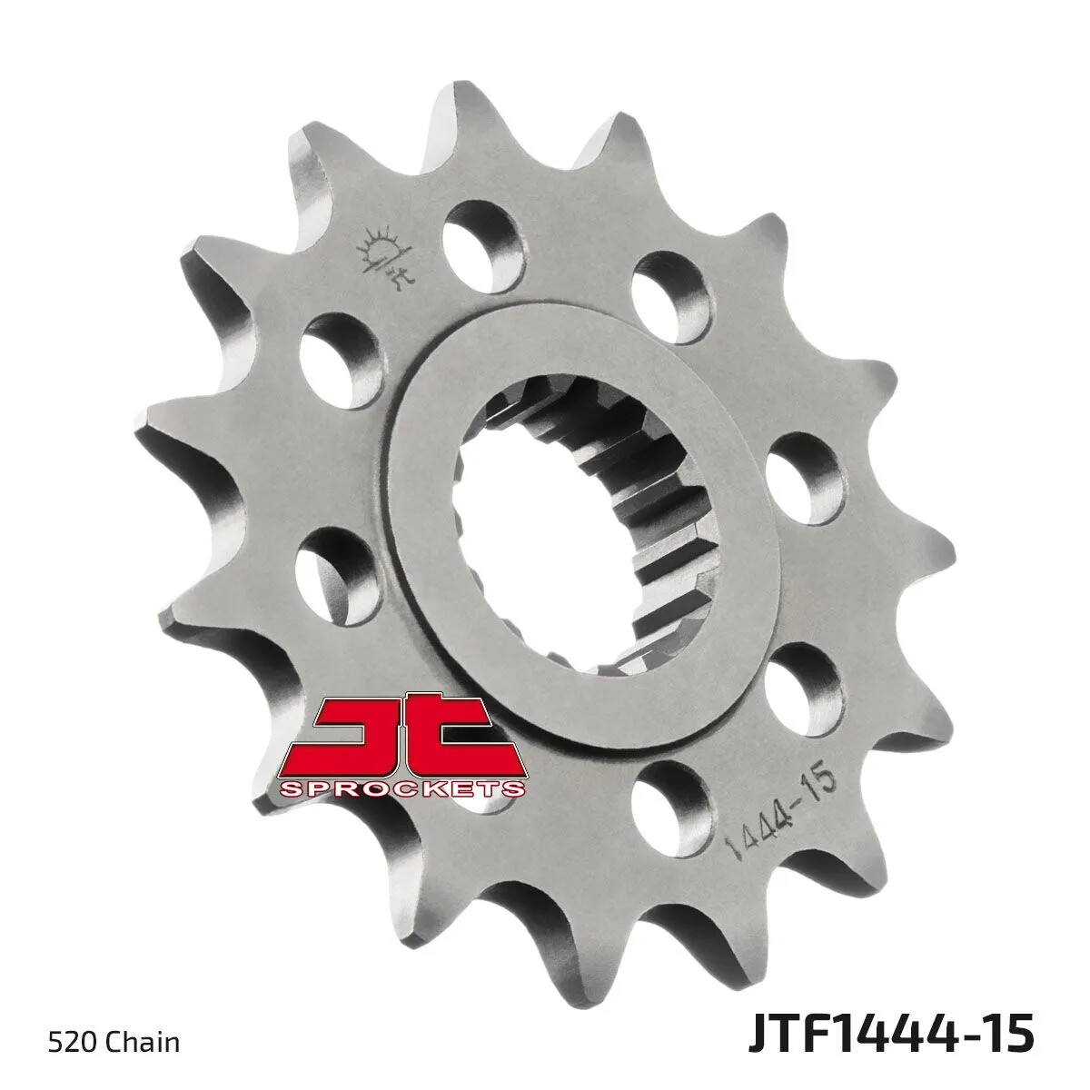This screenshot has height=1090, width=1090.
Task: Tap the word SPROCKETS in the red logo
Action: tap(403, 789)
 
